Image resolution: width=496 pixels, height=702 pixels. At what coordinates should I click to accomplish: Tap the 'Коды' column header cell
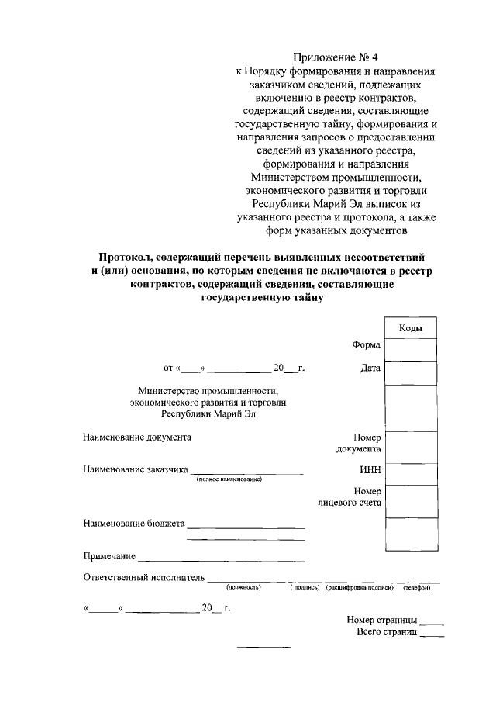pyautogui.click(x=410, y=329)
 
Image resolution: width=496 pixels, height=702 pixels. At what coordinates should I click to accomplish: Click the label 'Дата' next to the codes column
pyautogui.click(x=370, y=368)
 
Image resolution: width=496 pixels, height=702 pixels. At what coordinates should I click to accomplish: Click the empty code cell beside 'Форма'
pyautogui.click(x=411, y=351)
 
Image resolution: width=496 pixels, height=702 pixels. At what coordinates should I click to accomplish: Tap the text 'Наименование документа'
pyautogui.click(x=137, y=437)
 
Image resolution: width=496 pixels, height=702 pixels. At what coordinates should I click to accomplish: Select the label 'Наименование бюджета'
pyautogui.click(x=133, y=524)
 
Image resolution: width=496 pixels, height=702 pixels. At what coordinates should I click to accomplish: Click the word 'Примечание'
pyautogui.click(x=109, y=556)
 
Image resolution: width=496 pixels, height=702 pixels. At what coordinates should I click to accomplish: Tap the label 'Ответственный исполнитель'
pyautogui.click(x=143, y=577)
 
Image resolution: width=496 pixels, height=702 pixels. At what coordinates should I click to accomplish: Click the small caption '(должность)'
pyautogui.click(x=243, y=587)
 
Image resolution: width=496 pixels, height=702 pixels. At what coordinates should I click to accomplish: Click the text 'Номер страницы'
pyautogui.click(x=382, y=621)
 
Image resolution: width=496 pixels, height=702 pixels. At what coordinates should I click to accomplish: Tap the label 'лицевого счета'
pyautogui.click(x=350, y=503)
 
